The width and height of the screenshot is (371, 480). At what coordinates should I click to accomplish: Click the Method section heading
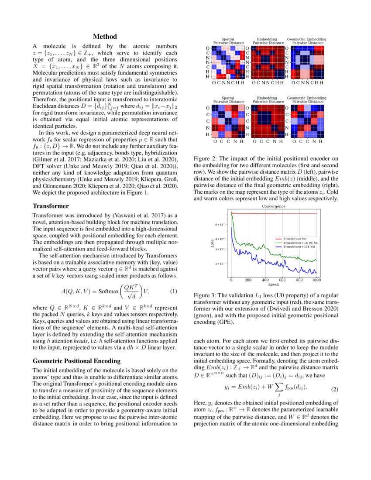[x=105, y=37]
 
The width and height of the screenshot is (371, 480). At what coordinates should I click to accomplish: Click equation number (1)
[x=173, y=291]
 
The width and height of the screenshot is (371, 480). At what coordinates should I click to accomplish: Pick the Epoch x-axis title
[x=274, y=284]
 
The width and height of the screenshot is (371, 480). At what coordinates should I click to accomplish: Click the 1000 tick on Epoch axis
[x=316, y=280]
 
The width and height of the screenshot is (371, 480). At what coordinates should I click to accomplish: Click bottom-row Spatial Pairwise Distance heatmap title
[x=227, y=100]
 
